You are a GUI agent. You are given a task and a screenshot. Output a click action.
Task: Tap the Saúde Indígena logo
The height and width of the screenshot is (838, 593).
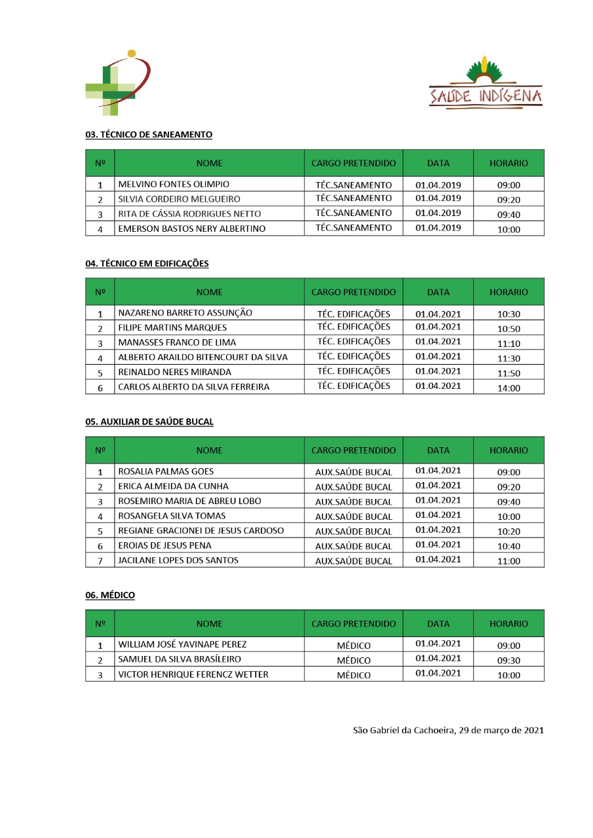(x=486, y=84)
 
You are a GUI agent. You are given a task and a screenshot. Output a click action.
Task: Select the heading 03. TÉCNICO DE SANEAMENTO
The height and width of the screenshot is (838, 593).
(x=149, y=135)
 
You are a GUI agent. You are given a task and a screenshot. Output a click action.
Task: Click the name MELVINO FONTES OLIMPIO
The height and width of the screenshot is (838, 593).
(x=174, y=185)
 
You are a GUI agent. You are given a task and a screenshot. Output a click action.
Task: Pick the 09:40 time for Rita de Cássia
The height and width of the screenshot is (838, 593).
(x=508, y=215)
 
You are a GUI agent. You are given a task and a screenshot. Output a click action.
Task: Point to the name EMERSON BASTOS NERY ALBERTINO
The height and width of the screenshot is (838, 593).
(x=192, y=229)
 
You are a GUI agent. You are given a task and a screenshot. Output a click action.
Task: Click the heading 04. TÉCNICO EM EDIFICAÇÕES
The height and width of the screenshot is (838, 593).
(x=147, y=264)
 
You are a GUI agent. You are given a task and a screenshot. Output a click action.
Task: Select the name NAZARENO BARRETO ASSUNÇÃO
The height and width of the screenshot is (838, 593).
(x=185, y=314)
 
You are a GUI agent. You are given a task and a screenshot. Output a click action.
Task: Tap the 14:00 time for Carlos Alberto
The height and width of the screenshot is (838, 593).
(x=508, y=388)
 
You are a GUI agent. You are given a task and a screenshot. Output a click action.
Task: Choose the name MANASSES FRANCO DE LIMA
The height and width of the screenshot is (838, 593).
(x=177, y=343)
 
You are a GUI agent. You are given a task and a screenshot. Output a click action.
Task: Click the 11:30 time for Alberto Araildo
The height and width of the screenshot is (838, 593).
(x=508, y=358)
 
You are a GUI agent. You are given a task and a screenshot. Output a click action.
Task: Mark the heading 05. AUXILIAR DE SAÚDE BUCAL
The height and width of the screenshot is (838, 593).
(x=149, y=422)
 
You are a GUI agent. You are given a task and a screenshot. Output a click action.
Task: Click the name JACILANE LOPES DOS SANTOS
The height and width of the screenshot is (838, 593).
(x=178, y=561)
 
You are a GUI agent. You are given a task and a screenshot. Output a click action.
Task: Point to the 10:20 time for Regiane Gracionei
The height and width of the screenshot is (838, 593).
(x=508, y=532)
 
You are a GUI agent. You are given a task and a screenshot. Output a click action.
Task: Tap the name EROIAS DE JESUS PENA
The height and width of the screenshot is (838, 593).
(x=164, y=546)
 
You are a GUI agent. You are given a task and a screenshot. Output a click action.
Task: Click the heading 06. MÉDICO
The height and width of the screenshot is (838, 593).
(x=110, y=595)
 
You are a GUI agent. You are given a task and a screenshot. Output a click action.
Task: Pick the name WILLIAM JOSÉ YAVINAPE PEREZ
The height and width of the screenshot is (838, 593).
(x=182, y=645)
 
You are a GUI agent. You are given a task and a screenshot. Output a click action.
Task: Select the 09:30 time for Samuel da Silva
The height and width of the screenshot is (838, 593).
(x=508, y=661)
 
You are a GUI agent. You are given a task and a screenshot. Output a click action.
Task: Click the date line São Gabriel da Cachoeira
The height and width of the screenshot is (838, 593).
(x=448, y=730)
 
